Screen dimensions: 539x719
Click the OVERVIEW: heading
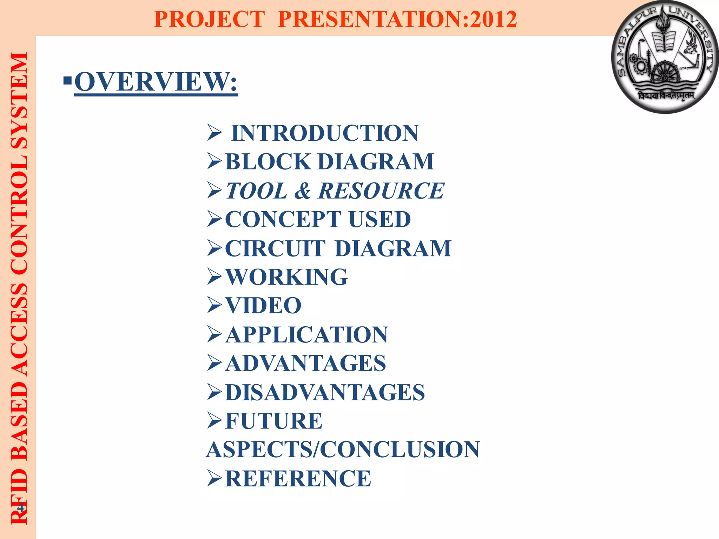pyautogui.click(x=156, y=82)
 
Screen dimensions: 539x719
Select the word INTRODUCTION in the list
pyautogui.click(x=325, y=133)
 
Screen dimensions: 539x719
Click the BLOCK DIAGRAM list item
pyautogui.click(x=329, y=161)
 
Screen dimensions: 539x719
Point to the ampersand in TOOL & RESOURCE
pyautogui.click(x=302, y=191)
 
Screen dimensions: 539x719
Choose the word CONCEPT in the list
pyautogui.click(x=283, y=219)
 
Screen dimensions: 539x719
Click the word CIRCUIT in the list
pyautogui.click(x=275, y=248)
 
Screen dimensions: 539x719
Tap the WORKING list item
pyautogui.click(x=286, y=277)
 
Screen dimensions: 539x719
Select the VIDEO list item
pyautogui.click(x=263, y=305)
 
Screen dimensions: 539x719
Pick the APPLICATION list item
pyautogui.click(x=306, y=334)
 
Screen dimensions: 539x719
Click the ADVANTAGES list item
pyautogui.click(x=305, y=363)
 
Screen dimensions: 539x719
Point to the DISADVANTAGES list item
pyautogui.click(x=325, y=392)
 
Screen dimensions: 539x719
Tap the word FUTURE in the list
pyautogui.click(x=273, y=421)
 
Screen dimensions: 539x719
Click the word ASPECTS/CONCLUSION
pyautogui.click(x=343, y=450)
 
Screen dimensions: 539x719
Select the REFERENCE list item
pyautogui.click(x=298, y=478)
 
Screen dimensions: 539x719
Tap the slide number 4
pyautogui.click(x=20, y=507)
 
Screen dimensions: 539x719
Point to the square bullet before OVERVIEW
pyautogui.click(x=67, y=81)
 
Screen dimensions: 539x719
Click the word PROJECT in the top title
pyautogui.click(x=209, y=19)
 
